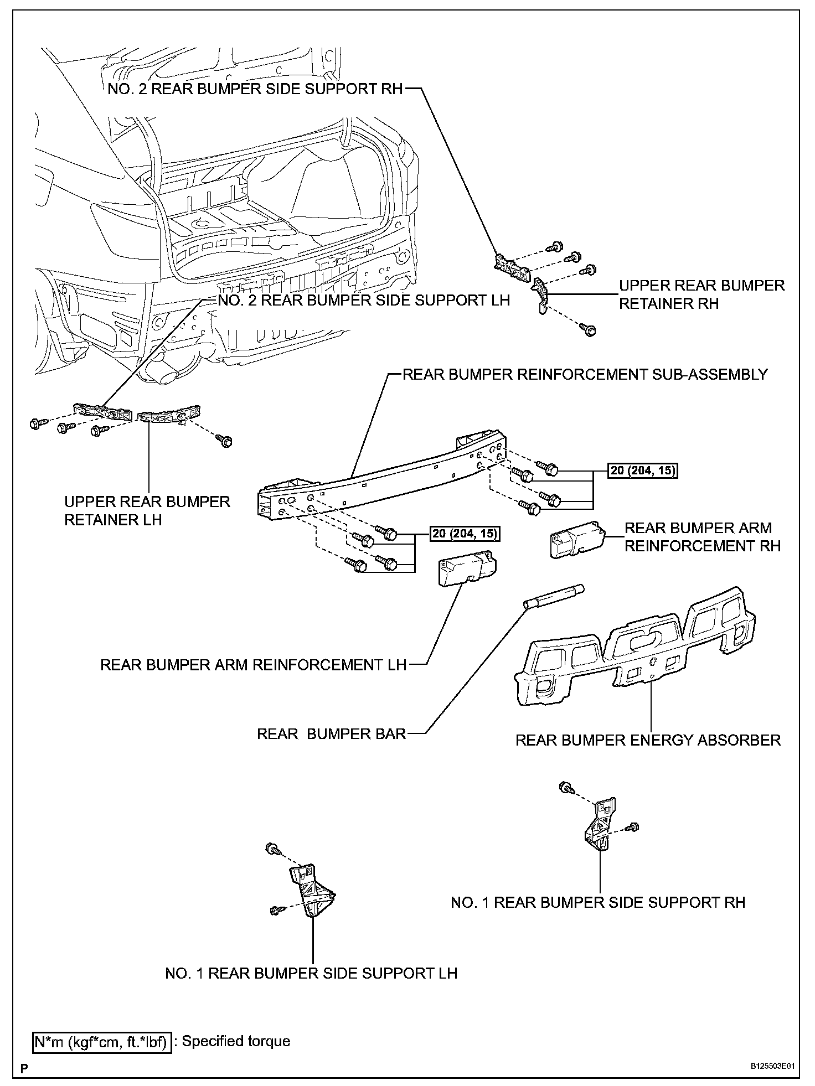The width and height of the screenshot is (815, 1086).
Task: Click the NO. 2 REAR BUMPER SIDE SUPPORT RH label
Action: pos(255,90)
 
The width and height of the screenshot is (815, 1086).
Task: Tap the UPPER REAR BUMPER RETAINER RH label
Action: pos(701,294)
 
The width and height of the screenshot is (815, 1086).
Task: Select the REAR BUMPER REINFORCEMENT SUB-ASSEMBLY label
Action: pos(585,375)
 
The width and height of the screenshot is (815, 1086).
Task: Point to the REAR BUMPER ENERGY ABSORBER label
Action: pos(648,740)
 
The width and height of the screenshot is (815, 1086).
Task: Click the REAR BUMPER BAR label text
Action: pos(331,734)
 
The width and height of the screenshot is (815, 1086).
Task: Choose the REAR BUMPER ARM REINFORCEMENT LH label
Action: pos(254,665)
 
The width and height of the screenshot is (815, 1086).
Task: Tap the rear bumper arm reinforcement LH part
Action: pos(467,568)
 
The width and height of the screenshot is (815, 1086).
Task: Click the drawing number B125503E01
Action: pos(775,1066)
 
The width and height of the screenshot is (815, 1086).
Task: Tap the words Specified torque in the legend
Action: pos(236,1041)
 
